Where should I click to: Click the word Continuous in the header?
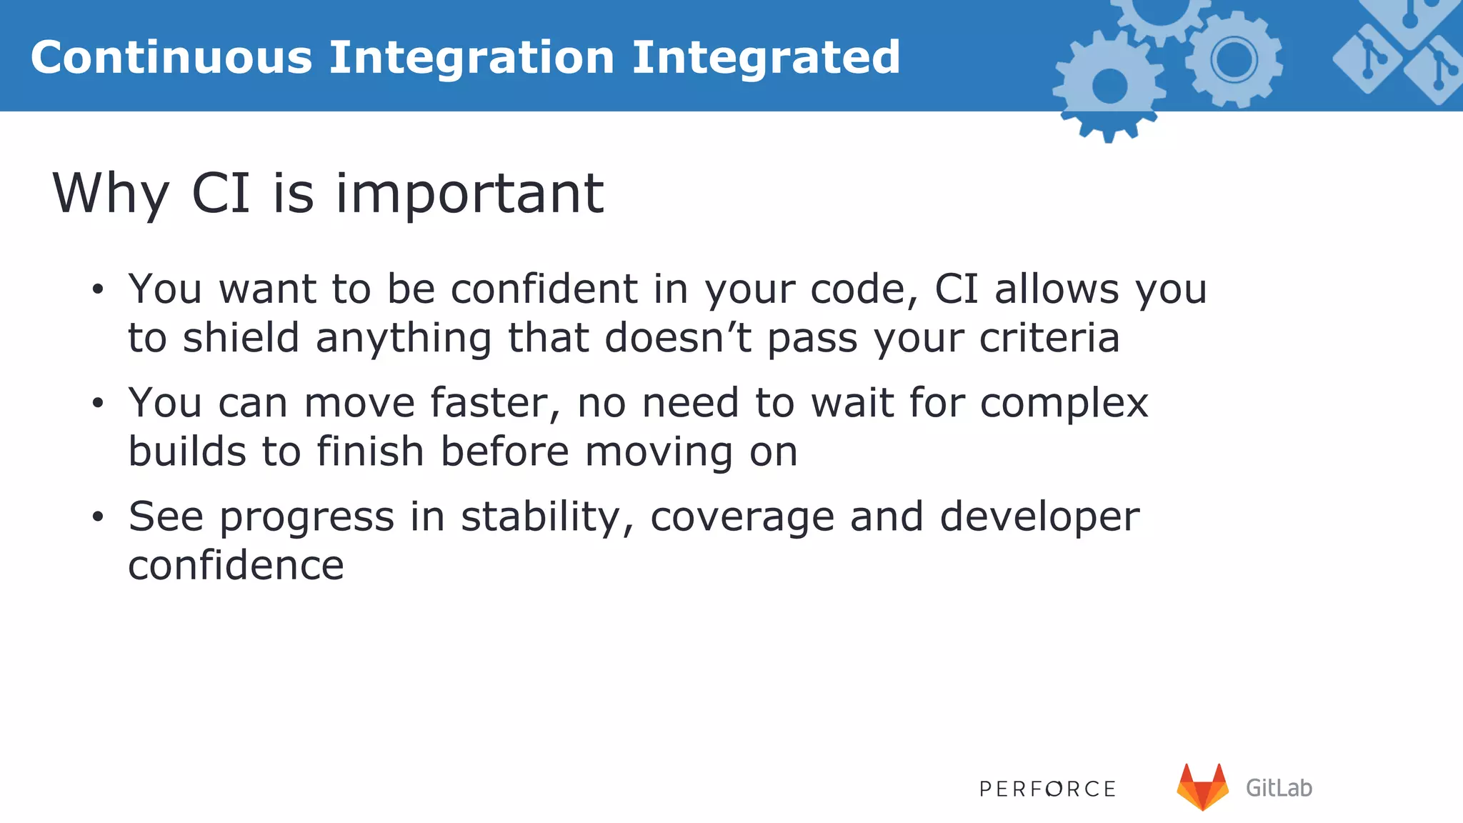[171, 57]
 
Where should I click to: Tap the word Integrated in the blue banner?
[766, 57]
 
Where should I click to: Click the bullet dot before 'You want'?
[98, 290]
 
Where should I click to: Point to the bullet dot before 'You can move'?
[98, 404]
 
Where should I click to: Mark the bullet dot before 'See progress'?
[98, 517]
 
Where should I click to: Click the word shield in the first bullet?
[241, 337]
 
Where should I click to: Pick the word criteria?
[1049, 337]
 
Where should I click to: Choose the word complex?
[1064, 404]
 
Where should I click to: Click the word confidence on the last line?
[236, 565]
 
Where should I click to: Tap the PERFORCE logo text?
[1047, 789]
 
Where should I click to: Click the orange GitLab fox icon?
[1203, 787]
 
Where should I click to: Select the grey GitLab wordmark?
[1279, 788]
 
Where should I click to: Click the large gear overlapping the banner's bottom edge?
[1109, 87]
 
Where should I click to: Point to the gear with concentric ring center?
[1234, 60]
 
